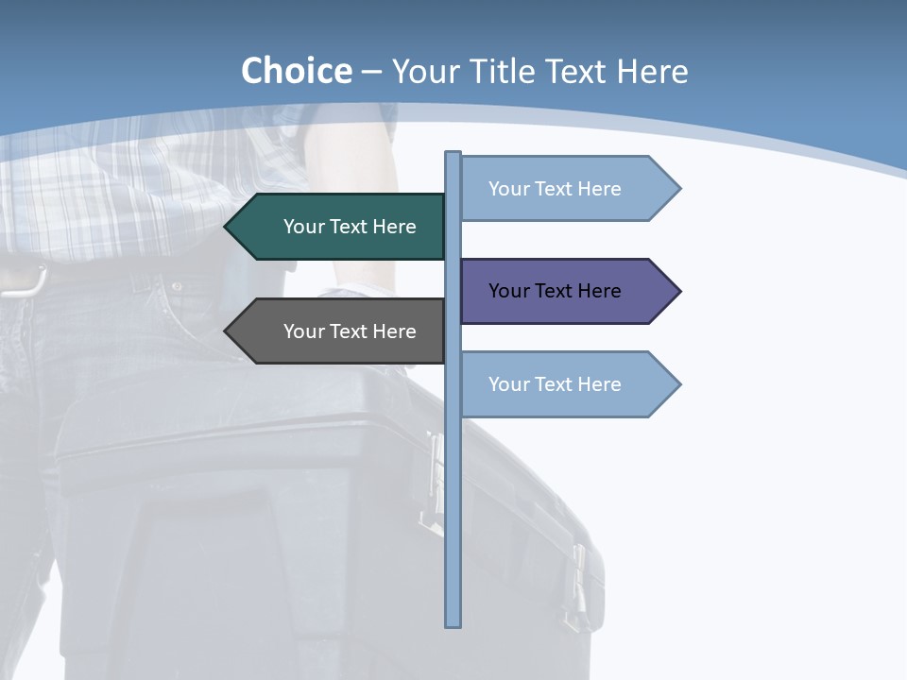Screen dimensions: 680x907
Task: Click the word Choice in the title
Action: (x=297, y=72)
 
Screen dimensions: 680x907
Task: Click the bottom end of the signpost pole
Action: (x=453, y=623)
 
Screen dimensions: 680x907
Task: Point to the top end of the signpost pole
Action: (x=453, y=155)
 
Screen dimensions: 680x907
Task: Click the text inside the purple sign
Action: (x=555, y=291)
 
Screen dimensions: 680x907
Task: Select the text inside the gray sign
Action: (x=350, y=331)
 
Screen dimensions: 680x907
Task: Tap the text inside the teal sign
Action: (x=350, y=227)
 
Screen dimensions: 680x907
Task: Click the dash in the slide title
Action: (x=371, y=73)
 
